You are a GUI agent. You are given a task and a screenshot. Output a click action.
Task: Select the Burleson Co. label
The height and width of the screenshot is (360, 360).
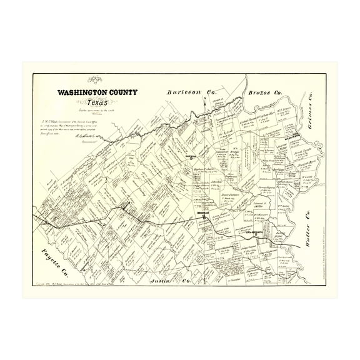point(188,92)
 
